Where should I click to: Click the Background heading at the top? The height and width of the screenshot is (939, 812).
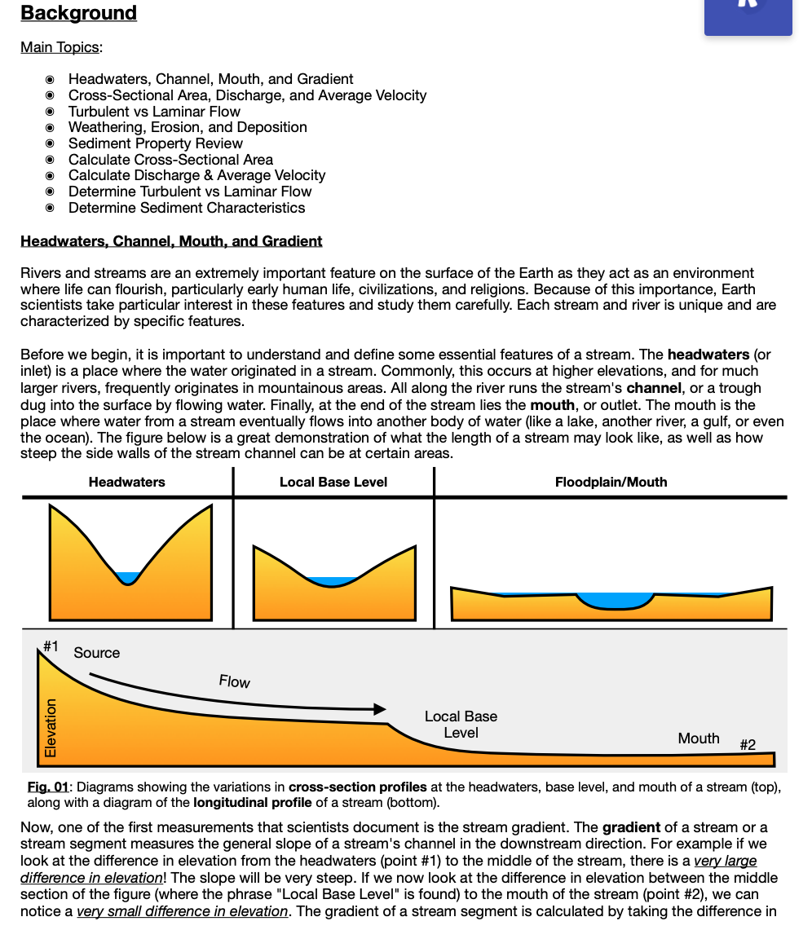pos(78,13)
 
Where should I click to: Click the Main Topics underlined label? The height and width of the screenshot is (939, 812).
pos(60,47)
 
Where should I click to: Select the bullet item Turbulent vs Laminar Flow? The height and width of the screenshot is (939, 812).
pos(154,112)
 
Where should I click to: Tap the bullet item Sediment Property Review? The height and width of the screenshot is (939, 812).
pos(155,143)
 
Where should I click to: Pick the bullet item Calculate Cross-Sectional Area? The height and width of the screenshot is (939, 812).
pos(170,160)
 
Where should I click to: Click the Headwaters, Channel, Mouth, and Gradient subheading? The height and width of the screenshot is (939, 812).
pos(171,241)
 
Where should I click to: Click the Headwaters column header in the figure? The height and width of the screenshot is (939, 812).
pos(126,483)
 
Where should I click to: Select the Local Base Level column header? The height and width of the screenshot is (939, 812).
pos(333,483)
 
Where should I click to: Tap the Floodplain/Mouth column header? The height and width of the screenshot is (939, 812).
pos(611,483)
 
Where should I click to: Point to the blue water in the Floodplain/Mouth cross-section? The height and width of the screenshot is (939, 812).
pos(615,601)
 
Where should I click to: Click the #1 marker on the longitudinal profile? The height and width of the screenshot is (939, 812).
pos(51,646)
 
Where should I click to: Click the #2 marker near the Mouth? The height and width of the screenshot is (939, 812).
pos(747,744)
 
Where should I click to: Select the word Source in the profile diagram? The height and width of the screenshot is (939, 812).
pos(96,653)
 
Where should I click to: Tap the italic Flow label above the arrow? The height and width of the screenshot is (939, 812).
pos(234,681)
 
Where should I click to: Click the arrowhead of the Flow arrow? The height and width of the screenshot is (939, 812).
pos(379,709)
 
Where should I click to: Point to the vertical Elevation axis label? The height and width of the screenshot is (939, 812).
pos(51,728)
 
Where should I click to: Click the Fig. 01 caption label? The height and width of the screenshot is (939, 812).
pos(47,787)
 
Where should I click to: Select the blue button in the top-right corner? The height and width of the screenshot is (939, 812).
pos(748,16)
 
